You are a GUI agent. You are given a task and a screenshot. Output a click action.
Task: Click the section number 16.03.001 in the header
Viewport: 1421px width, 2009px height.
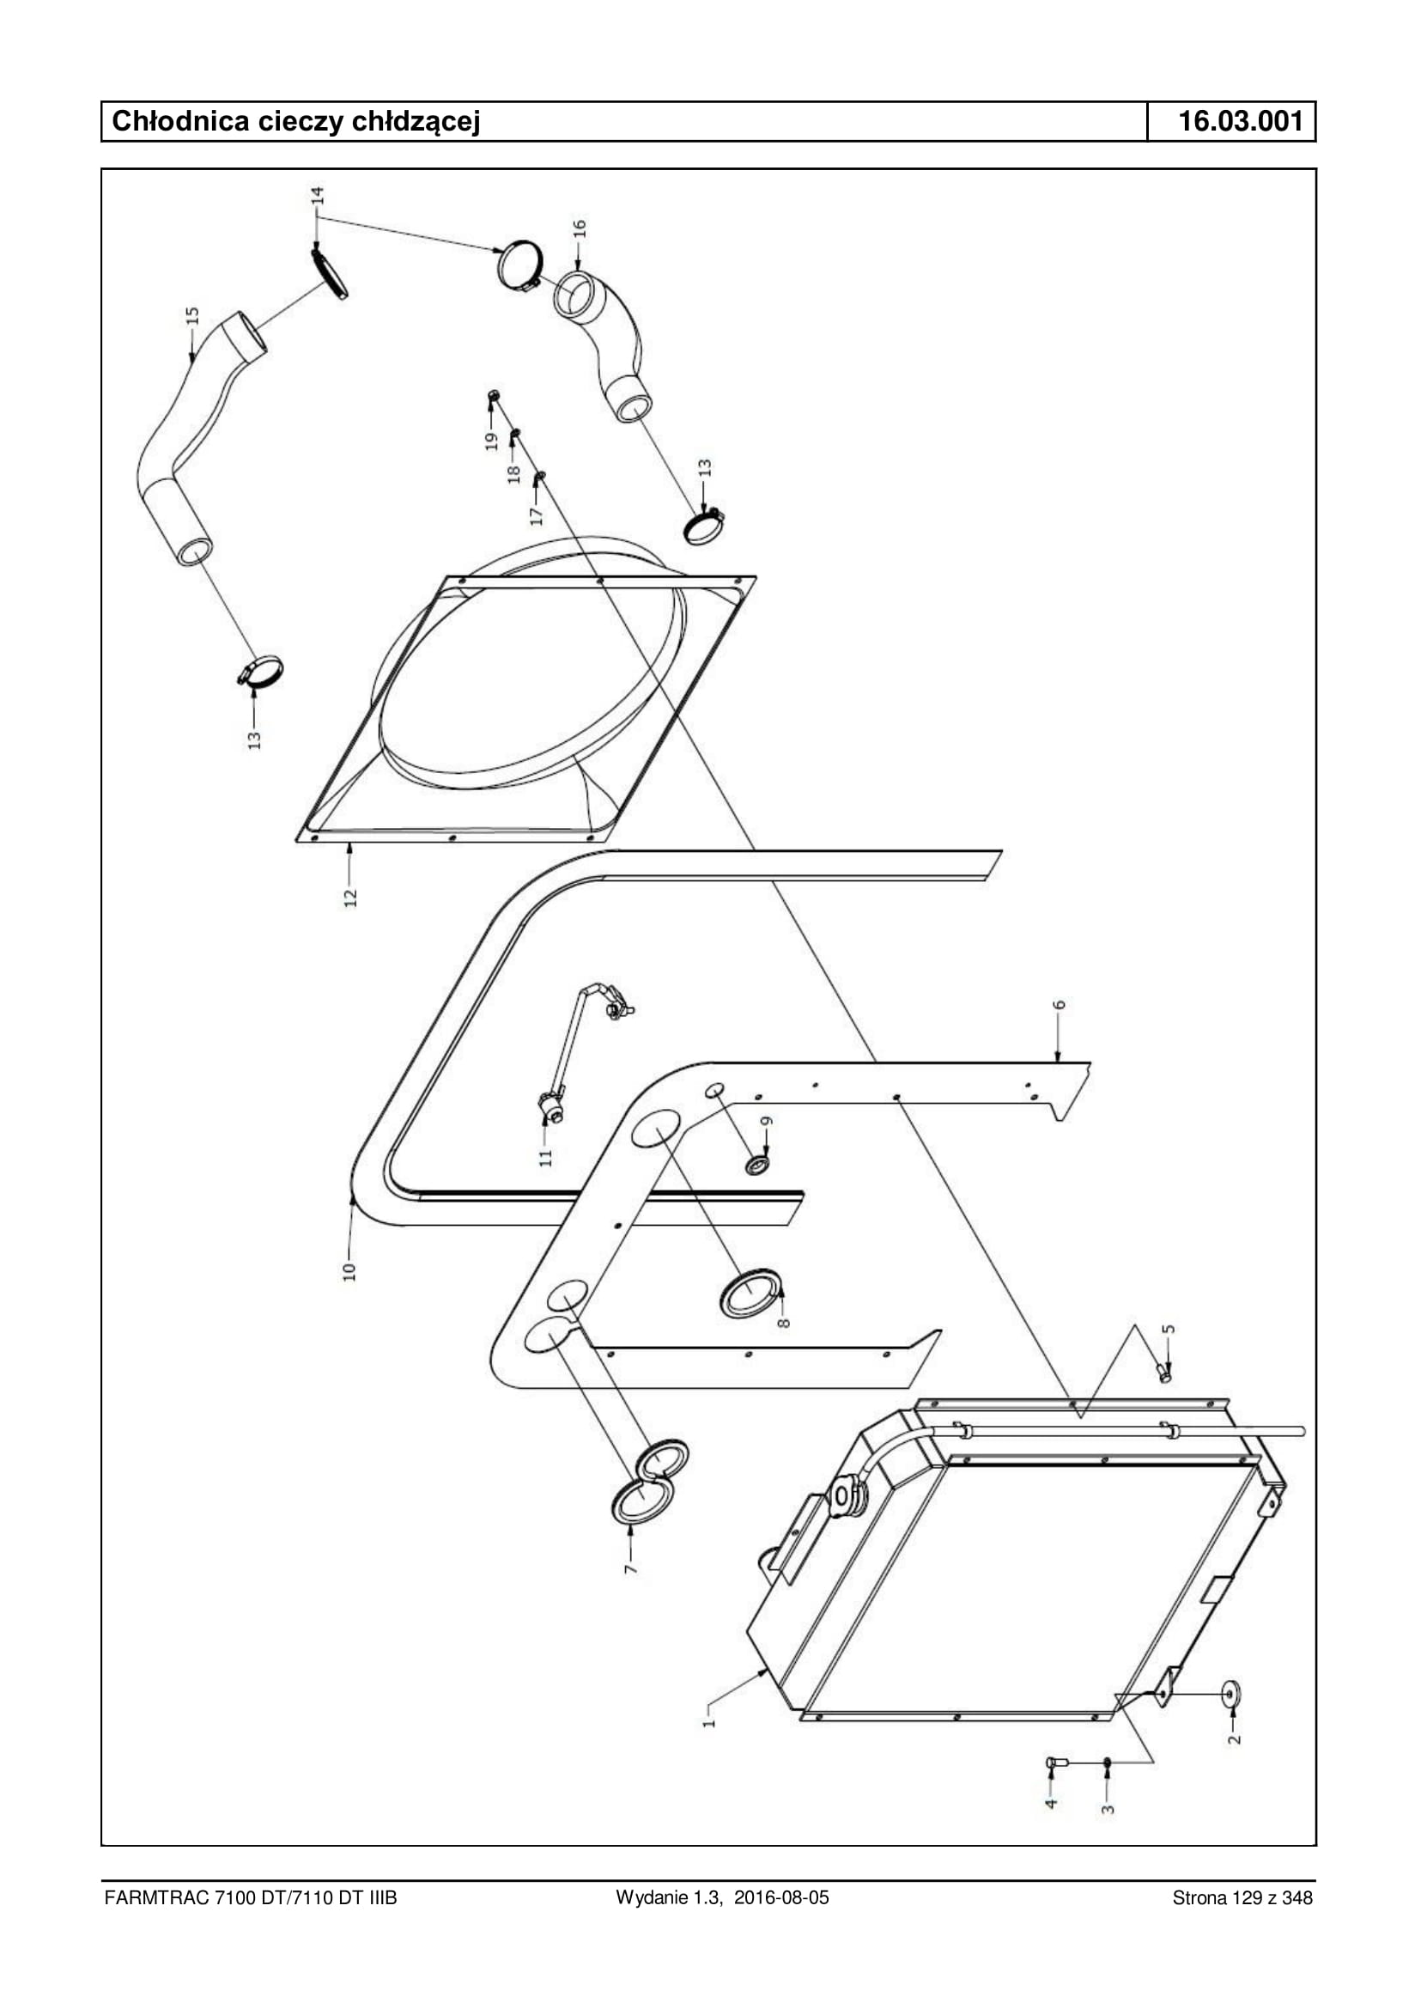coord(1241,121)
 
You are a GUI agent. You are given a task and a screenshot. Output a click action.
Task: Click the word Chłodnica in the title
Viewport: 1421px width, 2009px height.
coord(181,121)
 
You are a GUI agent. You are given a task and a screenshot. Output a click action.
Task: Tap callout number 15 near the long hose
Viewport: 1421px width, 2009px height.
coord(192,316)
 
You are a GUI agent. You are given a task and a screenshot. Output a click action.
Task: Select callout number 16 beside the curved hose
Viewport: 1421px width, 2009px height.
coord(579,229)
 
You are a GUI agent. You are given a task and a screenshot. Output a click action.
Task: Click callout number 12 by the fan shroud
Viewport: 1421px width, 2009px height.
coord(350,898)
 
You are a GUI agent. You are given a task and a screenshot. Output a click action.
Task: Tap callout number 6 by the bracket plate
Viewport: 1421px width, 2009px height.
coord(1060,1005)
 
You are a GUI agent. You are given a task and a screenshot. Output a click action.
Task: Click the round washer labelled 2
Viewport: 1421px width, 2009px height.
coord(1232,1694)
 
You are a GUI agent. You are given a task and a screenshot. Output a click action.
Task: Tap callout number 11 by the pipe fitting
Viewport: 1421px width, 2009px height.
coord(546,1157)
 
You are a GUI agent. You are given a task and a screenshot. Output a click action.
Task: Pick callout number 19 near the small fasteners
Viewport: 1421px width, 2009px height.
coord(491,441)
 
